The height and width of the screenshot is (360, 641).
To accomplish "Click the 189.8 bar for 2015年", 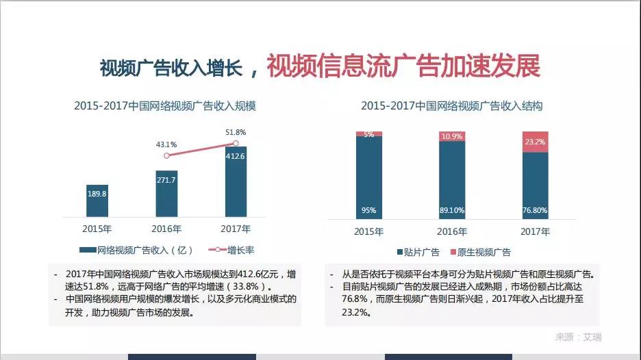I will click(97, 200).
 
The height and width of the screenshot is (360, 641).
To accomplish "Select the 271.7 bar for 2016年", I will click(166, 193).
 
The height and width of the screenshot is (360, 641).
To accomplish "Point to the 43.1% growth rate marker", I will click(166, 156).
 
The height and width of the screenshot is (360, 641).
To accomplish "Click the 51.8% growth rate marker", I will click(236, 143).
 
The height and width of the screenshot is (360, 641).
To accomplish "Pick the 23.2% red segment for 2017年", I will click(535, 142).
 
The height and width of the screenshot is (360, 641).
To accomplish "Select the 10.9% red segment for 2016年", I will click(452, 136).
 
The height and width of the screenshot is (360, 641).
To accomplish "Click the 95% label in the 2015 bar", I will click(369, 210).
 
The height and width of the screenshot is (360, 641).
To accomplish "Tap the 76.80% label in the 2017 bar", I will click(535, 210).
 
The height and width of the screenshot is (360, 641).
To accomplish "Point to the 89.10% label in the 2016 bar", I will click(452, 210).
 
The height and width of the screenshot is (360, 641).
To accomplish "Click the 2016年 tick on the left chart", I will click(166, 229).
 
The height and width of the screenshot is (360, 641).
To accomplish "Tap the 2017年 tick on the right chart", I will click(535, 231).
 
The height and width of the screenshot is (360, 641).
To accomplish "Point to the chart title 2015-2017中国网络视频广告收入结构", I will click(452, 106).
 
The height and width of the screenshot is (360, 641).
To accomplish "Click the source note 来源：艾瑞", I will click(578, 337).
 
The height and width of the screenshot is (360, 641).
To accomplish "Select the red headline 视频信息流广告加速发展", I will click(403, 66).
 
